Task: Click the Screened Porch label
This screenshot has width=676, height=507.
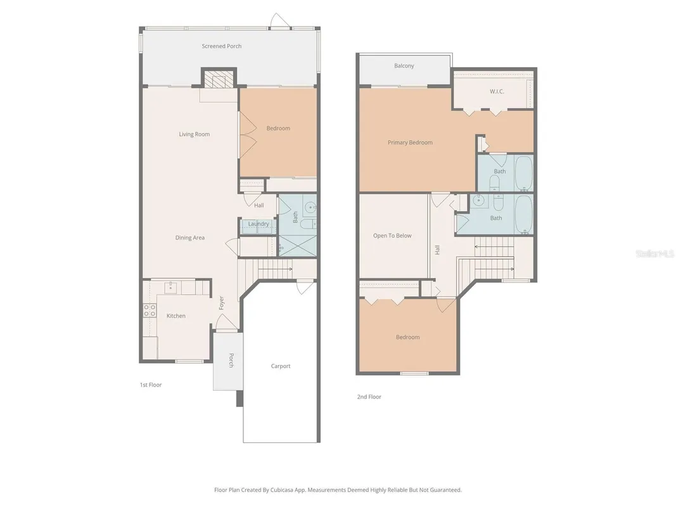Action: (x=222, y=46)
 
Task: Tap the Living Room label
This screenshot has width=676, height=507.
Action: (x=194, y=134)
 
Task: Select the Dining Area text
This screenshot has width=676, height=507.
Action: (x=190, y=238)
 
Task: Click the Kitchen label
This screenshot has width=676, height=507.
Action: (x=176, y=316)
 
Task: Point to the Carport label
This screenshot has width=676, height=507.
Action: (x=281, y=366)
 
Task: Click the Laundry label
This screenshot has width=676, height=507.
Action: (x=258, y=224)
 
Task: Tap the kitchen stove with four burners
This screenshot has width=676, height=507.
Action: (x=150, y=311)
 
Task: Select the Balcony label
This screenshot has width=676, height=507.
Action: (x=404, y=66)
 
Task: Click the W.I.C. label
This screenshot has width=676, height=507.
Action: (x=497, y=92)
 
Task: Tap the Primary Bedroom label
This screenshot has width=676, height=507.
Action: (x=410, y=143)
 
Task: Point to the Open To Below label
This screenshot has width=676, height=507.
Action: (x=392, y=236)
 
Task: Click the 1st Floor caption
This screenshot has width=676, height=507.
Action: (x=151, y=385)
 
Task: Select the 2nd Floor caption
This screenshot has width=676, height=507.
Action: (x=369, y=397)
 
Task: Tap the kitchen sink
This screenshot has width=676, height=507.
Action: (x=170, y=288)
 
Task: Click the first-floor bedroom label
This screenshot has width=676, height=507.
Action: (x=278, y=129)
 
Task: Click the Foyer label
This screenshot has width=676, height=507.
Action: (x=222, y=303)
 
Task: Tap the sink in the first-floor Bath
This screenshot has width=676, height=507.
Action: (x=310, y=207)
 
